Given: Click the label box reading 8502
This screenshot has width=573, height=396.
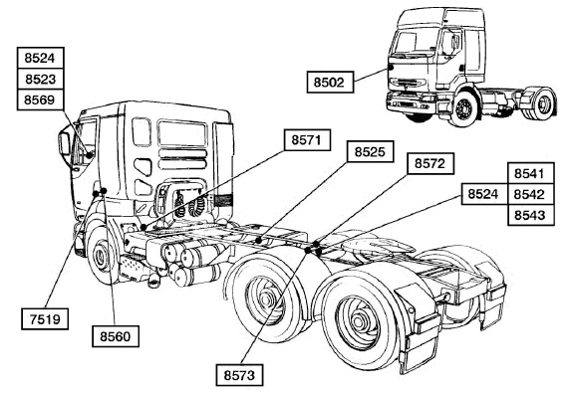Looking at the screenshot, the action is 330,83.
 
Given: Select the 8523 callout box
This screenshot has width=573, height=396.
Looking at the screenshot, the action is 40,79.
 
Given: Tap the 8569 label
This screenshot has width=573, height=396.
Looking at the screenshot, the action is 40,99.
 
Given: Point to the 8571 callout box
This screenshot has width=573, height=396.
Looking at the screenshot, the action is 307,139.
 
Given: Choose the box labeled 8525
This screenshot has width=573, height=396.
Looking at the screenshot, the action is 370,151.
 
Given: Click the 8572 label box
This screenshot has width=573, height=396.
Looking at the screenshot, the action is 430,163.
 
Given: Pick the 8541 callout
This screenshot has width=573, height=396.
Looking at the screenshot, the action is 531,173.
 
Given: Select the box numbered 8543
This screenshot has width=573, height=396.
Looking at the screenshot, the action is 531,215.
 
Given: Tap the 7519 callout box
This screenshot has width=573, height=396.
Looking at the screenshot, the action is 45,319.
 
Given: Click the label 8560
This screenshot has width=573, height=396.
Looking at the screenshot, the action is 116,336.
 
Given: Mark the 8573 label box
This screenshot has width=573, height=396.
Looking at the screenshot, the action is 239,375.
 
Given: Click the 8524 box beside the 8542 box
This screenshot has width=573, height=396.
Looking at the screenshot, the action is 484,194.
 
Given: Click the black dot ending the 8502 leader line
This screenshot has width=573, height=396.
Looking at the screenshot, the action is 391,68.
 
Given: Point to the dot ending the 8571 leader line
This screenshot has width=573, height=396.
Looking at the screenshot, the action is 143,228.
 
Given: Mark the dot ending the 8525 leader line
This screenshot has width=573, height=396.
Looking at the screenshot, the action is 259,240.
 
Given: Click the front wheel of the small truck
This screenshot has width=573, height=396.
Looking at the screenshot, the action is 463,108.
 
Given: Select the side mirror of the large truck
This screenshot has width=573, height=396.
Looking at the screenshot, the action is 65,144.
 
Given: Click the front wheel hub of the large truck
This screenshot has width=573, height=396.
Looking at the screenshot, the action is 100,256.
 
